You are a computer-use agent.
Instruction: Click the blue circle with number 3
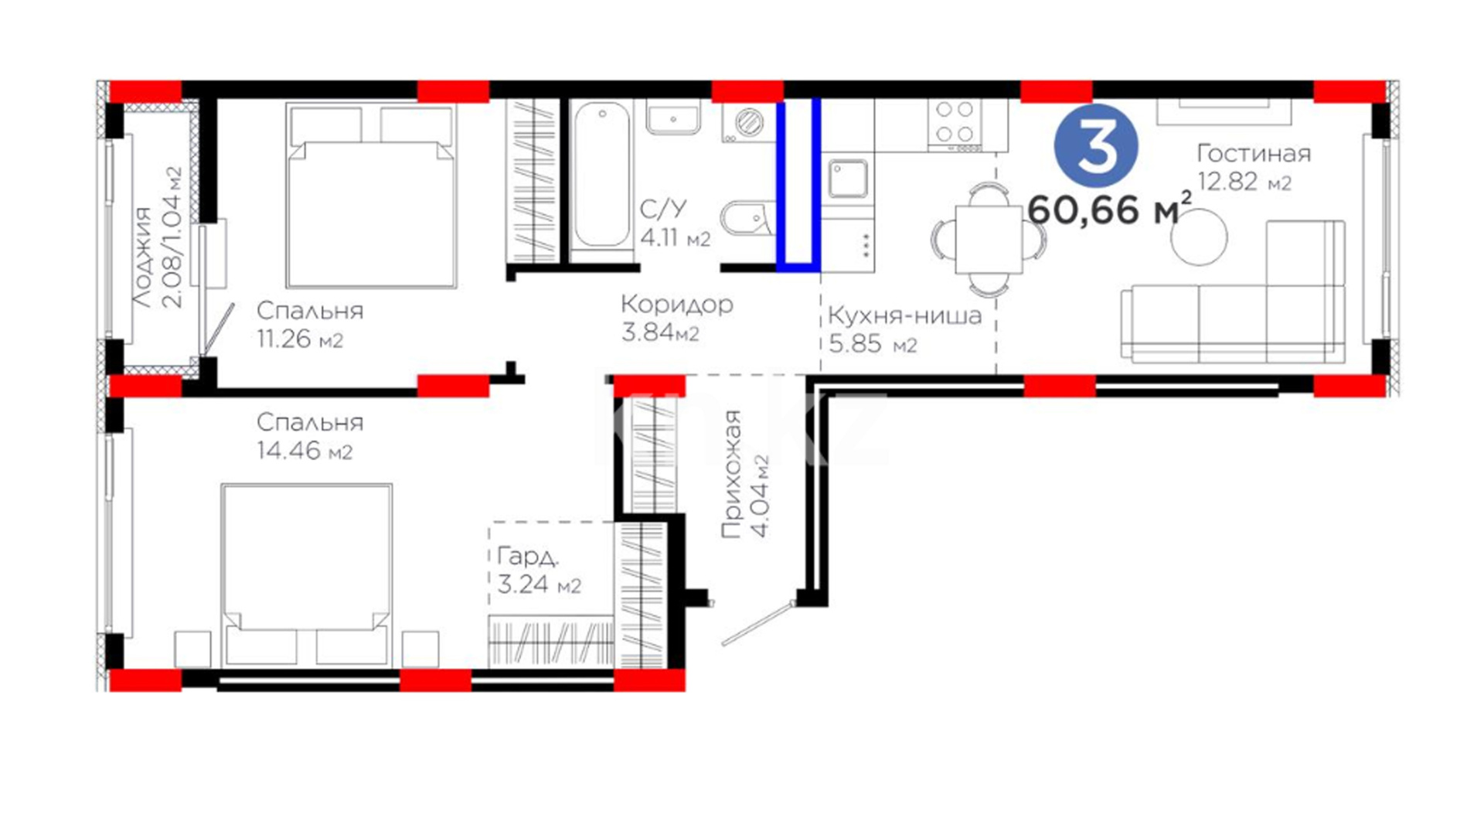1096,145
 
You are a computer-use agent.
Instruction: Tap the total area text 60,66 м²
1110,209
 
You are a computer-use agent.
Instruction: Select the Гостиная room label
1254,153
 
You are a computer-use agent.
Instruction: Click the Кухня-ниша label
904,315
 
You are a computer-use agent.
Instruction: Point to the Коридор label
677,305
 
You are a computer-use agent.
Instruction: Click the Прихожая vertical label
731,474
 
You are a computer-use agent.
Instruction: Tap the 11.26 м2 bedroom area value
300,339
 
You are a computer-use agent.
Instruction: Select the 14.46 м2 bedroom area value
305,451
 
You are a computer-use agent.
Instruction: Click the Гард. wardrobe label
528,556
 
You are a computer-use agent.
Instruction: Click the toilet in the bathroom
747,219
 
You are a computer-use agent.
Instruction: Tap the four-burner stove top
955,124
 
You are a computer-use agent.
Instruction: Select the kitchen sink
848,179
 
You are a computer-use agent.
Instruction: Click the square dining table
989,239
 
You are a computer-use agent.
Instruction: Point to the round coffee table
1199,237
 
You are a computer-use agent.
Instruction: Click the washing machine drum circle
748,122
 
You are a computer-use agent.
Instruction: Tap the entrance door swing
758,623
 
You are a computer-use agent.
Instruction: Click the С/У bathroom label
663,209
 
